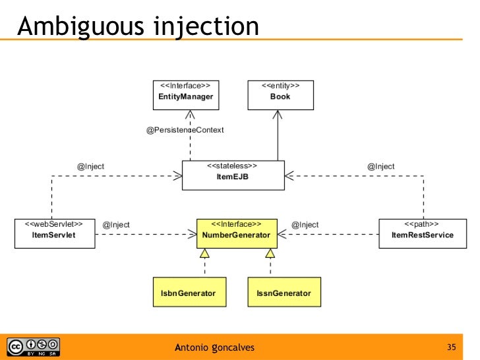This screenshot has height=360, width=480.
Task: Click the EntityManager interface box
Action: click(186, 94)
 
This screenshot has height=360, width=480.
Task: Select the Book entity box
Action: click(280, 94)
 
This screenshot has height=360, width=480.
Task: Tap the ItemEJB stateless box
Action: click(233, 175)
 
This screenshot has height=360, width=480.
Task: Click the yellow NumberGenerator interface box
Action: click(237, 232)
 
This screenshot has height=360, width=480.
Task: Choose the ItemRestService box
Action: click(422, 232)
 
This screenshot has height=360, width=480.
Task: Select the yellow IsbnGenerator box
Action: click(189, 291)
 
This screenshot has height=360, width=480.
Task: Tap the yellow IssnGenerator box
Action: click(280, 291)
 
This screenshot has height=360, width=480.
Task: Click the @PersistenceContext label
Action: click(185, 131)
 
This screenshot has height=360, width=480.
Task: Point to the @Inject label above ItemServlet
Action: click(91, 167)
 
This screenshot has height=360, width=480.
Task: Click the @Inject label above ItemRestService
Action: click(381, 167)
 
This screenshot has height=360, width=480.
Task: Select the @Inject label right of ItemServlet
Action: click(117, 225)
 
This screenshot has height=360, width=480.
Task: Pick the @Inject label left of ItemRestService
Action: click(305, 225)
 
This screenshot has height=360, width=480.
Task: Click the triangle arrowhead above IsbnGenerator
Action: click(205, 255)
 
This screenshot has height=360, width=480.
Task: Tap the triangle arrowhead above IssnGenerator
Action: click(270, 255)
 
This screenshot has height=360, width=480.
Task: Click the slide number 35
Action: click(452, 347)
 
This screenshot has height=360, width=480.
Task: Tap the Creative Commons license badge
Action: click(33, 346)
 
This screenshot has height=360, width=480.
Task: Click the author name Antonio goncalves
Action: click(214, 347)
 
